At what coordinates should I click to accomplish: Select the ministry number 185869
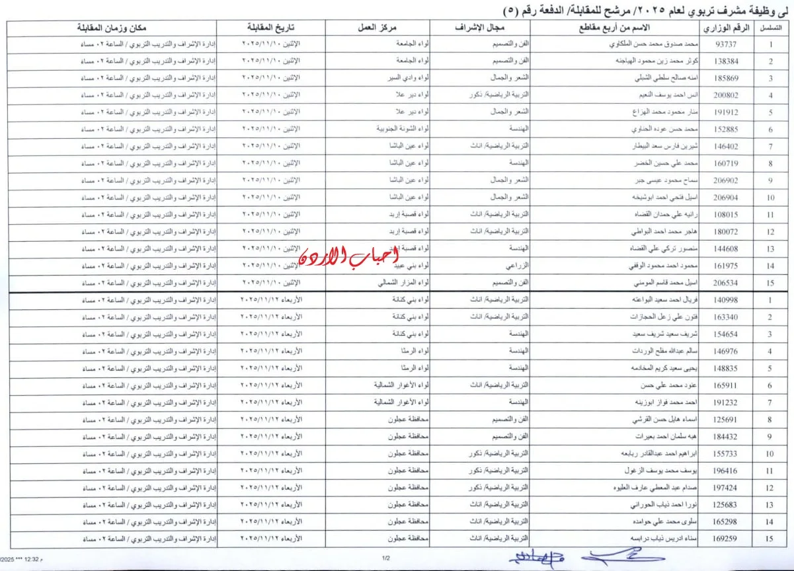727,78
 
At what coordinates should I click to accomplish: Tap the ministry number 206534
727,283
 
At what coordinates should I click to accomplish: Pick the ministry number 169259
727,539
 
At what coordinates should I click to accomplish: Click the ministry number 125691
727,420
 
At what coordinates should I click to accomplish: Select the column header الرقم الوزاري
727,29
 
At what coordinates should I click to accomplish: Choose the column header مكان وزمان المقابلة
112,29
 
